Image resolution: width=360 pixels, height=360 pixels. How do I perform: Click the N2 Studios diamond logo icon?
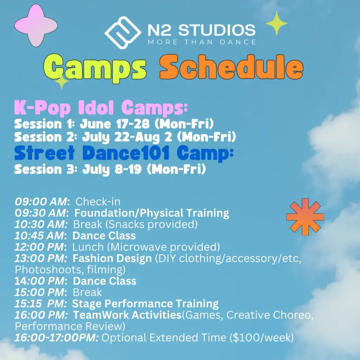(123, 33)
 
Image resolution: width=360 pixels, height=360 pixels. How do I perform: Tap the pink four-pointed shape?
(36, 25)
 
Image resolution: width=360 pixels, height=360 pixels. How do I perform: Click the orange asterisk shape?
(305, 217)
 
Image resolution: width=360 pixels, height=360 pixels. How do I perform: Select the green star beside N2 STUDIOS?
(276, 24)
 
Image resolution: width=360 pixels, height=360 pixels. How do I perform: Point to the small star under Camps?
(61, 82)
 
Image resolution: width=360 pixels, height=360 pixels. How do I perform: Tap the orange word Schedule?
(231, 67)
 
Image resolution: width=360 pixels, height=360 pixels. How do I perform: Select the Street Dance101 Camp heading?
(124, 153)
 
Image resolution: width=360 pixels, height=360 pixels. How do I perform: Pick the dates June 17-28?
(115, 124)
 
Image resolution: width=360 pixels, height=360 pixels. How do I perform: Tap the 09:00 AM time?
(41, 201)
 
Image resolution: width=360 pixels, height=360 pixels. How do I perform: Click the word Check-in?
(98, 201)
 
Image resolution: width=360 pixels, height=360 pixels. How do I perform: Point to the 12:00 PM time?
(40, 247)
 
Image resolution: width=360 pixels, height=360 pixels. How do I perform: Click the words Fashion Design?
(112, 259)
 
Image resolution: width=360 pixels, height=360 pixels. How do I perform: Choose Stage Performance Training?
(145, 304)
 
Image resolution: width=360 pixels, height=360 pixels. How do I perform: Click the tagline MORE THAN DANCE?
(202, 42)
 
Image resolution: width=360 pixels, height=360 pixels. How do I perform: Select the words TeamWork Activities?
(127, 315)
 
